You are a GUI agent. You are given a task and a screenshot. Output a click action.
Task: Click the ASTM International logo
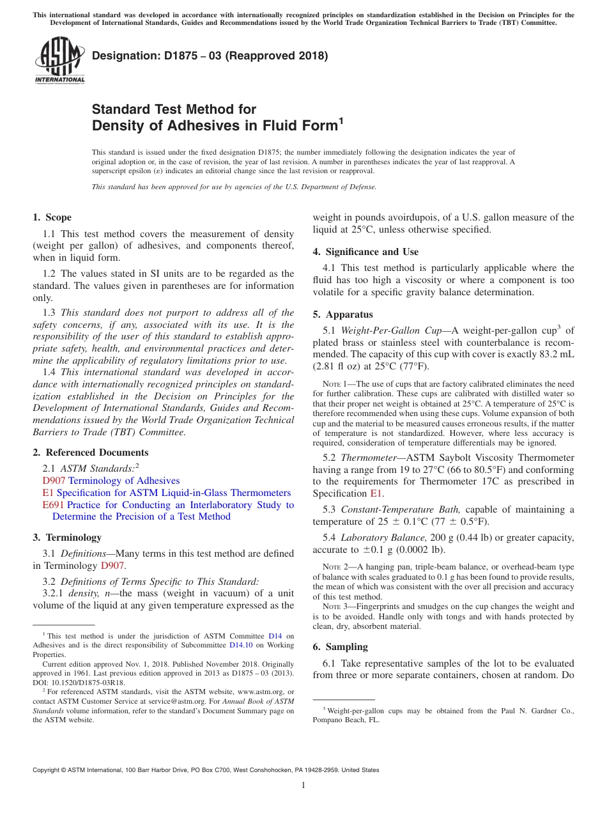point(59,61)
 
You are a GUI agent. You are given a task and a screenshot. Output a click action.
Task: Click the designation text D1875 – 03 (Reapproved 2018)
point(210,56)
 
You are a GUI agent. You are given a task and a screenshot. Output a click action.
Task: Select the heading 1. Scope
point(52,217)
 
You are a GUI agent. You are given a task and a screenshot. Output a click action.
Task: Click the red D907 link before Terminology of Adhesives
point(54,481)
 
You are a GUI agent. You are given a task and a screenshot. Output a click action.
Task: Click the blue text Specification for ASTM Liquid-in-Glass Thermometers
point(173,493)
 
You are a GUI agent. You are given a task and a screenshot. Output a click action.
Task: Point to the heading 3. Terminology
point(67,538)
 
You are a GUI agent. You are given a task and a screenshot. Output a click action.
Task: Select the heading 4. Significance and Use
point(365,252)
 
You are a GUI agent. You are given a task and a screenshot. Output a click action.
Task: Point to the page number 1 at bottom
point(303,785)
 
